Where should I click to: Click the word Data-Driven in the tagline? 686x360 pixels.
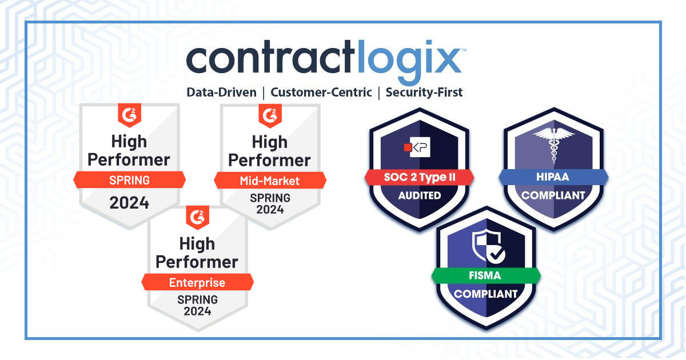[x=222, y=92]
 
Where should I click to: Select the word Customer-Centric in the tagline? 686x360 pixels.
[x=321, y=92]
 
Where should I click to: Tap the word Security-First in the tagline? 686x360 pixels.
[x=424, y=92]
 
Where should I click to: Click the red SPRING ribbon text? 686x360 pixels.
[x=130, y=181]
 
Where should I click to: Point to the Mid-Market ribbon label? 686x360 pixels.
[x=270, y=181]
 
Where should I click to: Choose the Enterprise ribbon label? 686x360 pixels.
[x=197, y=282]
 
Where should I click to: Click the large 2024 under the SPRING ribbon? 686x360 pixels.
[x=130, y=203]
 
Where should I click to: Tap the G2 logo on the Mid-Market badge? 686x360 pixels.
[x=270, y=115]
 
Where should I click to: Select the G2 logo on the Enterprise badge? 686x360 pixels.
[x=198, y=217]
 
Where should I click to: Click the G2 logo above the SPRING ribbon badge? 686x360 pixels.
[x=130, y=115]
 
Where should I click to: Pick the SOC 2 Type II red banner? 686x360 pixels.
[x=420, y=177]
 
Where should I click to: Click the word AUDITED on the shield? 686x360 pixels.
[x=420, y=195]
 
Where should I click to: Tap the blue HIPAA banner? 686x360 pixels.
[x=553, y=177]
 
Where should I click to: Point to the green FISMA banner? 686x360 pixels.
[x=485, y=275]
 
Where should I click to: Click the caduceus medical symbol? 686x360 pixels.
[x=553, y=146]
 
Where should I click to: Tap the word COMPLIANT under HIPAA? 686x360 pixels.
[x=553, y=195]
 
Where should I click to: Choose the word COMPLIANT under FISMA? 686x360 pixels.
[x=485, y=295]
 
